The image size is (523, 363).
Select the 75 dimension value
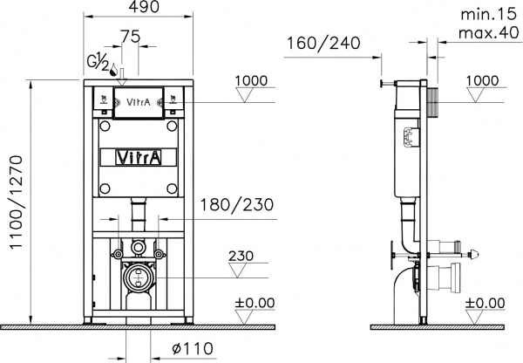pos(130,36)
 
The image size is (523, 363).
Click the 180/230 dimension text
pos(232,205)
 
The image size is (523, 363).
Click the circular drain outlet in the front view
pos(137,279)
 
